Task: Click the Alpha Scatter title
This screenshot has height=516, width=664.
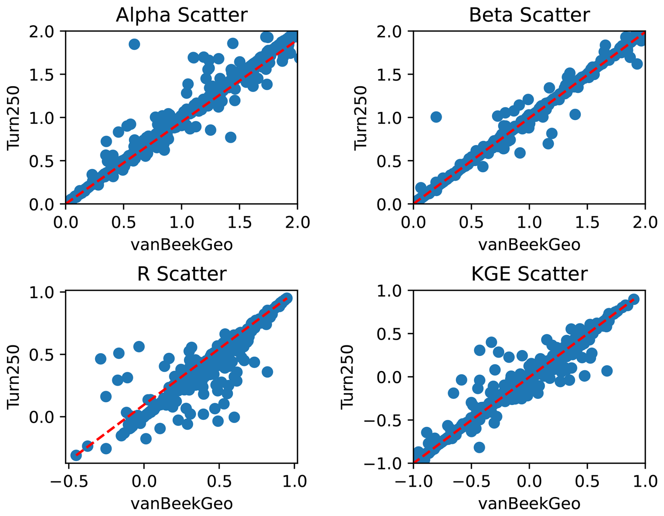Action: [181, 15]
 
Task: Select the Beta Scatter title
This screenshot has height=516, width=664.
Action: [529, 15]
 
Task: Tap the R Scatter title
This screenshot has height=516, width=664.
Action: [181, 274]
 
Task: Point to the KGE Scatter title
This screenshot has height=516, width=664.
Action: [529, 274]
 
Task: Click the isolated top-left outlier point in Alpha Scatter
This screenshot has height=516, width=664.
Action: [134, 44]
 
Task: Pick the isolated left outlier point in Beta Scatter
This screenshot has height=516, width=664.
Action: [436, 117]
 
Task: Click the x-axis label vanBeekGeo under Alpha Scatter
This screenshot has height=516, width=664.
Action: [181, 245]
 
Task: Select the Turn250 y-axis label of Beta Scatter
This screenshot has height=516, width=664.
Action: [360, 118]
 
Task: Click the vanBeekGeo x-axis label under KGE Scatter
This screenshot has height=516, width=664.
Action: [529, 503]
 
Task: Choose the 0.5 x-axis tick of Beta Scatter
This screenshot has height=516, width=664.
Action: [471, 223]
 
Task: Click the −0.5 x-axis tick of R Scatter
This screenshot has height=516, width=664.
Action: [68, 481]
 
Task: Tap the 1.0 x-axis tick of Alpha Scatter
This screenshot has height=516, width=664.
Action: [181, 223]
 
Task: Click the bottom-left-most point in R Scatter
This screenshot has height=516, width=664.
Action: [76, 455]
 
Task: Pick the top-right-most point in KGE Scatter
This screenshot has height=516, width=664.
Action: [633, 299]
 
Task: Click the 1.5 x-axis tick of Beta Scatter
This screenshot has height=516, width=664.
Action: [587, 223]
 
